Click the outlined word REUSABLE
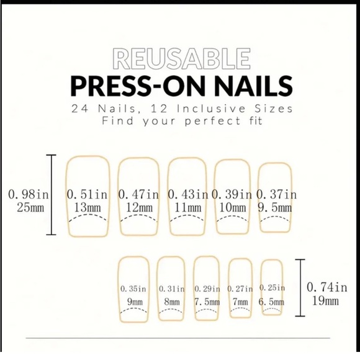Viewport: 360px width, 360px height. coord(179,59)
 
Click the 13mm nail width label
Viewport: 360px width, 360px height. coord(87,207)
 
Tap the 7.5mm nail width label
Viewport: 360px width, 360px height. coord(207,302)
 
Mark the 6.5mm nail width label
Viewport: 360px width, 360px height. coord(272,302)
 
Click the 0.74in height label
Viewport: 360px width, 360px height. coord(327,287)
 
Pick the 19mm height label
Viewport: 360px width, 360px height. coord(325,302)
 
